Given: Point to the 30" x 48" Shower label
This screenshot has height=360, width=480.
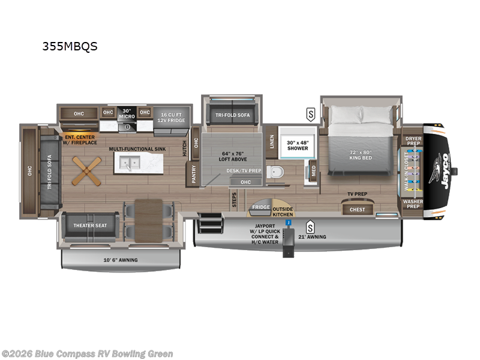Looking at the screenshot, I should tap(297, 145).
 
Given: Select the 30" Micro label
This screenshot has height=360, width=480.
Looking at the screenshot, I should tap(127, 113).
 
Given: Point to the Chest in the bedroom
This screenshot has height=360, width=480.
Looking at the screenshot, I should tap(357, 209).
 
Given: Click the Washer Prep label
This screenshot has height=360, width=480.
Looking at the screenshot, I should tap(413, 204).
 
